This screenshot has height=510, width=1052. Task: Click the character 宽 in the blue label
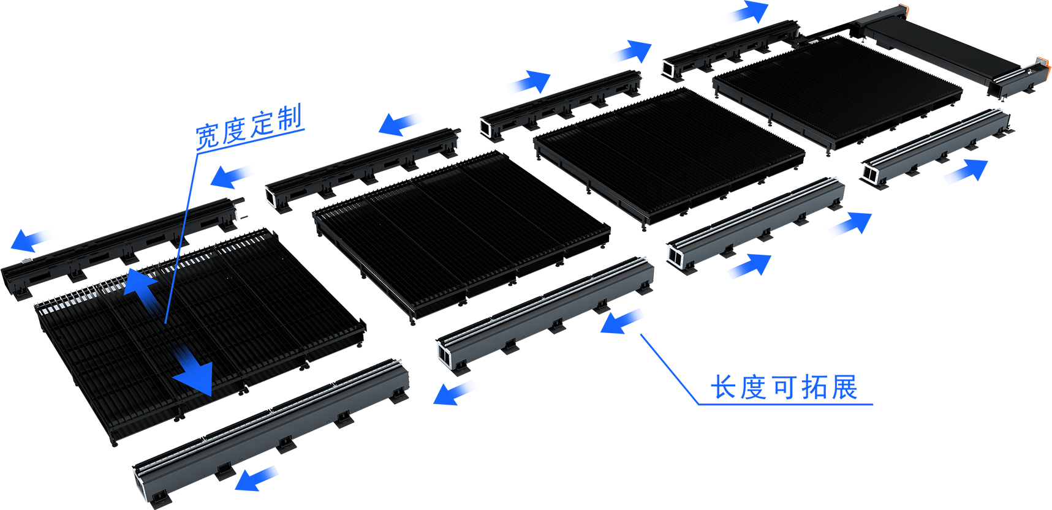point(208,136)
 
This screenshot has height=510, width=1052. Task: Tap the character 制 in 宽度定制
point(289,118)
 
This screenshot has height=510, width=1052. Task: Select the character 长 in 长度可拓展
point(724,388)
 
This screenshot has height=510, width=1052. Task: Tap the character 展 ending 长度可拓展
point(845,388)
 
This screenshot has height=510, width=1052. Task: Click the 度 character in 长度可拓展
point(754,388)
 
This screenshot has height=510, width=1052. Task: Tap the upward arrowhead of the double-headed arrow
point(140,282)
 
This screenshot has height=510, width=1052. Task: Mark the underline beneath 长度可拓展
point(785,404)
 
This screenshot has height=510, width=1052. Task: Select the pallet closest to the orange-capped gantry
point(837,92)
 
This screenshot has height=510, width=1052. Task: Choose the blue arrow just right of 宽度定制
point(399,124)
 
